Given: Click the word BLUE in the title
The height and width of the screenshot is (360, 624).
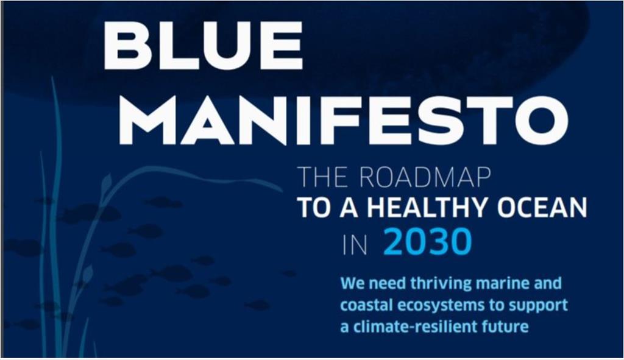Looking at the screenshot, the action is [x=204, y=45].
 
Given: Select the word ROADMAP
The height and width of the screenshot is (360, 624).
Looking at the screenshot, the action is [x=425, y=177].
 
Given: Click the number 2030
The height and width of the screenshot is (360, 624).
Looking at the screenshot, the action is [x=428, y=242].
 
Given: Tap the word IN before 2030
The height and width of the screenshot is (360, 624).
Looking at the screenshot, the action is [x=355, y=245].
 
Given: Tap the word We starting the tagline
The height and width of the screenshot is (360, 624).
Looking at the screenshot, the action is [x=353, y=284].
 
